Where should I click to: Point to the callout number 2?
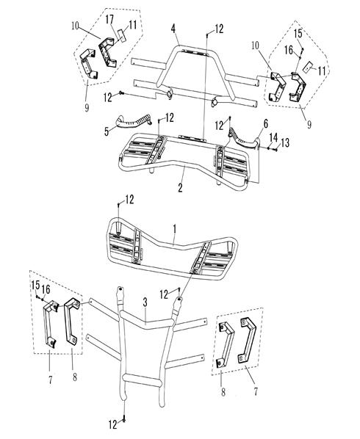tap(181, 187)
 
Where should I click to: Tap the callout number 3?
tap(145, 302)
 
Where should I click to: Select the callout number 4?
tap(173, 29)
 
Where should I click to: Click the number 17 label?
tap(109, 19)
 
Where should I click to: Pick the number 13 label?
tap(285, 143)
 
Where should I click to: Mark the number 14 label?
tap(273, 138)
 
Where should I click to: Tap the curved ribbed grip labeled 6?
tap(242, 137)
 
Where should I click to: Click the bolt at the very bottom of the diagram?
tap(124, 420)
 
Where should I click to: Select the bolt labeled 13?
tap(275, 150)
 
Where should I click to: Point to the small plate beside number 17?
tap(122, 35)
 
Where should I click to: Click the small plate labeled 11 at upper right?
tap(309, 66)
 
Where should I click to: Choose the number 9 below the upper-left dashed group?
tap(87, 107)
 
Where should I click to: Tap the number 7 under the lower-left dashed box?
tap(51, 380)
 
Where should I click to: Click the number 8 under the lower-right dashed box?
tap(223, 392)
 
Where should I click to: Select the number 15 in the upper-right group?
tap(298, 33)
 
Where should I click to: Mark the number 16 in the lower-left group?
tap(46, 289)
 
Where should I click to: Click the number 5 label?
tap(107, 131)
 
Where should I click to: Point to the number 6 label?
tap(265, 123)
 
